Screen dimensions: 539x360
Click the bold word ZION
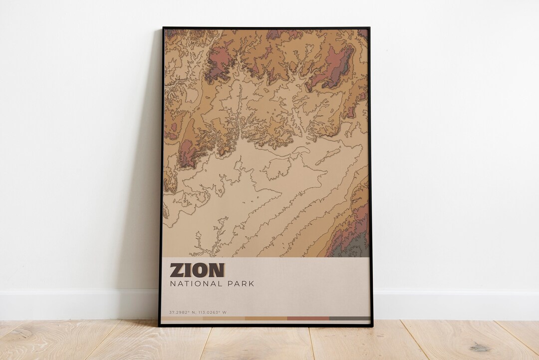[x=197, y=270]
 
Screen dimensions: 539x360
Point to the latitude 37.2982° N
[x=181, y=313]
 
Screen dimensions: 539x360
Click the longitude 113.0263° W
[x=213, y=313]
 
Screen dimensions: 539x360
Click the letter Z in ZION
[x=177, y=270]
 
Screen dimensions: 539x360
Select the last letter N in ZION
[x=217, y=270]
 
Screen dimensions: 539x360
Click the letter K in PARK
[x=251, y=284]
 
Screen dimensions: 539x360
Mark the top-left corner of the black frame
[x=163, y=28]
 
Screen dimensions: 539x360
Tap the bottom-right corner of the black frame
[x=372, y=326]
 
